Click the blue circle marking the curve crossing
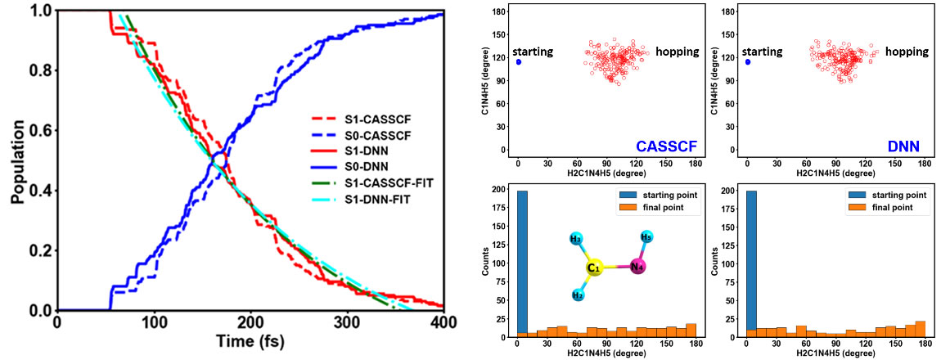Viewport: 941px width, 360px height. (x=219, y=159)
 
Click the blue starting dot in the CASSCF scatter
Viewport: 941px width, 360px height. (x=518, y=61)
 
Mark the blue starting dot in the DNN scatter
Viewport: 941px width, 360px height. (x=747, y=61)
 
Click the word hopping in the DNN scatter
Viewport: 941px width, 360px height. (x=907, y=52)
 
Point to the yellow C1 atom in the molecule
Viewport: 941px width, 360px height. (x=595, y=268)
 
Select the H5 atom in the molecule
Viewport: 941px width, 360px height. (x=646, y=237)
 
